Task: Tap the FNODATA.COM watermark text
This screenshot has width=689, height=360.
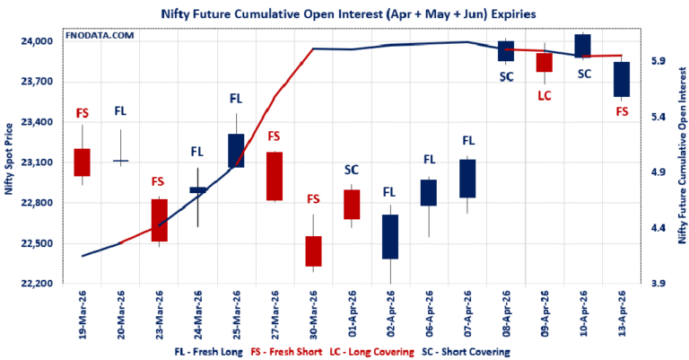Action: pyautogui.click(x=98, y=35)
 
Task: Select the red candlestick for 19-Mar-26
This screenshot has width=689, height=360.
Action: pyautogui.click(x=82, y=162)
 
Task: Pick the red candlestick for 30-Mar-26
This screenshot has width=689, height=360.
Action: pyautogui.click(x=313, y=251)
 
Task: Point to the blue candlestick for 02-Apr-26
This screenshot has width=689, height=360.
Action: pyautogui.click(x=389, y=237)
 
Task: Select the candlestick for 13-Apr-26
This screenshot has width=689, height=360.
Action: pyautogui.click(x=621, y=79)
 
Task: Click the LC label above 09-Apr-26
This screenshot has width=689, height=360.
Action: pyautogui.click(x=544, y=94)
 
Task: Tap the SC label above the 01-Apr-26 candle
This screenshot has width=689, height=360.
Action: pyautogui.click(x=352, y=169)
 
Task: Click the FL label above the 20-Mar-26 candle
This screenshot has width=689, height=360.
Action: pyautogui.click(x=120, y=111)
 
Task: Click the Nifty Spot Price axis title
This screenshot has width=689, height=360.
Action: pyautogui.click(x=10, y=162)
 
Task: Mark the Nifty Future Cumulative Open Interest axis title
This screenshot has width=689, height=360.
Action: pyautogui.click(x=680, y=162)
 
